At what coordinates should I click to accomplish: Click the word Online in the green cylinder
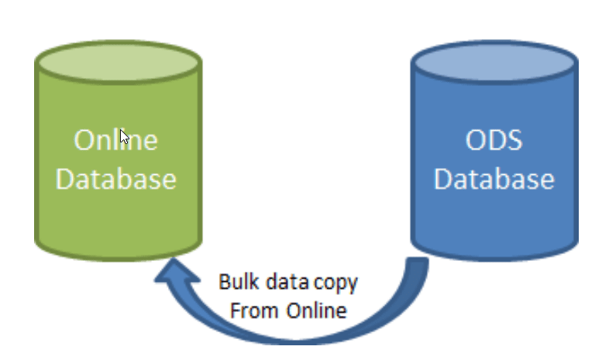point(116,140)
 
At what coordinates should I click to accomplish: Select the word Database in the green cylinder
point(116,180)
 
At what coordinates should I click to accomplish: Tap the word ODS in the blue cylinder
point(494,140)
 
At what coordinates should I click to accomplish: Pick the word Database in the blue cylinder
point(494,180)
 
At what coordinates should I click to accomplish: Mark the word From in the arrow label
point(253,311)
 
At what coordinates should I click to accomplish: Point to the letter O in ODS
point(474,140)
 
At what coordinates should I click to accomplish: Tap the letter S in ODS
point(514,140)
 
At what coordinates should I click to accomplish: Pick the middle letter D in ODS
point(495,140)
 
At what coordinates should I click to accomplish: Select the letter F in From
point(236,311)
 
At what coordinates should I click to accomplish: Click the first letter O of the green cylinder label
point(83,140)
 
